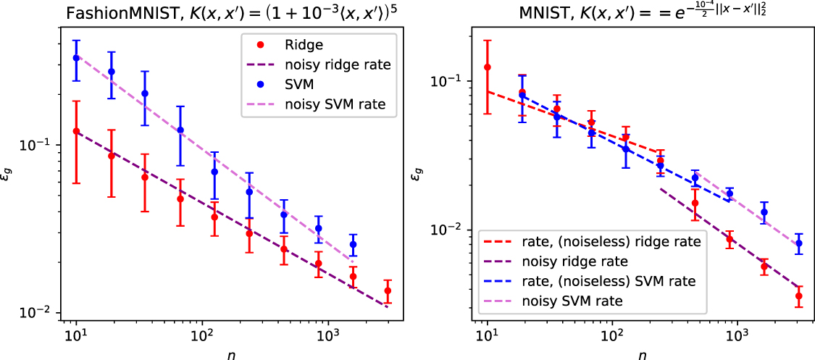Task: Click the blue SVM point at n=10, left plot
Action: coord(77,58)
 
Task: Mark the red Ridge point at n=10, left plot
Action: coord(77,131)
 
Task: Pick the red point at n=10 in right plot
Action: coord(488,67)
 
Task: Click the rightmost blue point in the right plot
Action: coord(798,243)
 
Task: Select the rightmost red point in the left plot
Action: coord(388,290)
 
